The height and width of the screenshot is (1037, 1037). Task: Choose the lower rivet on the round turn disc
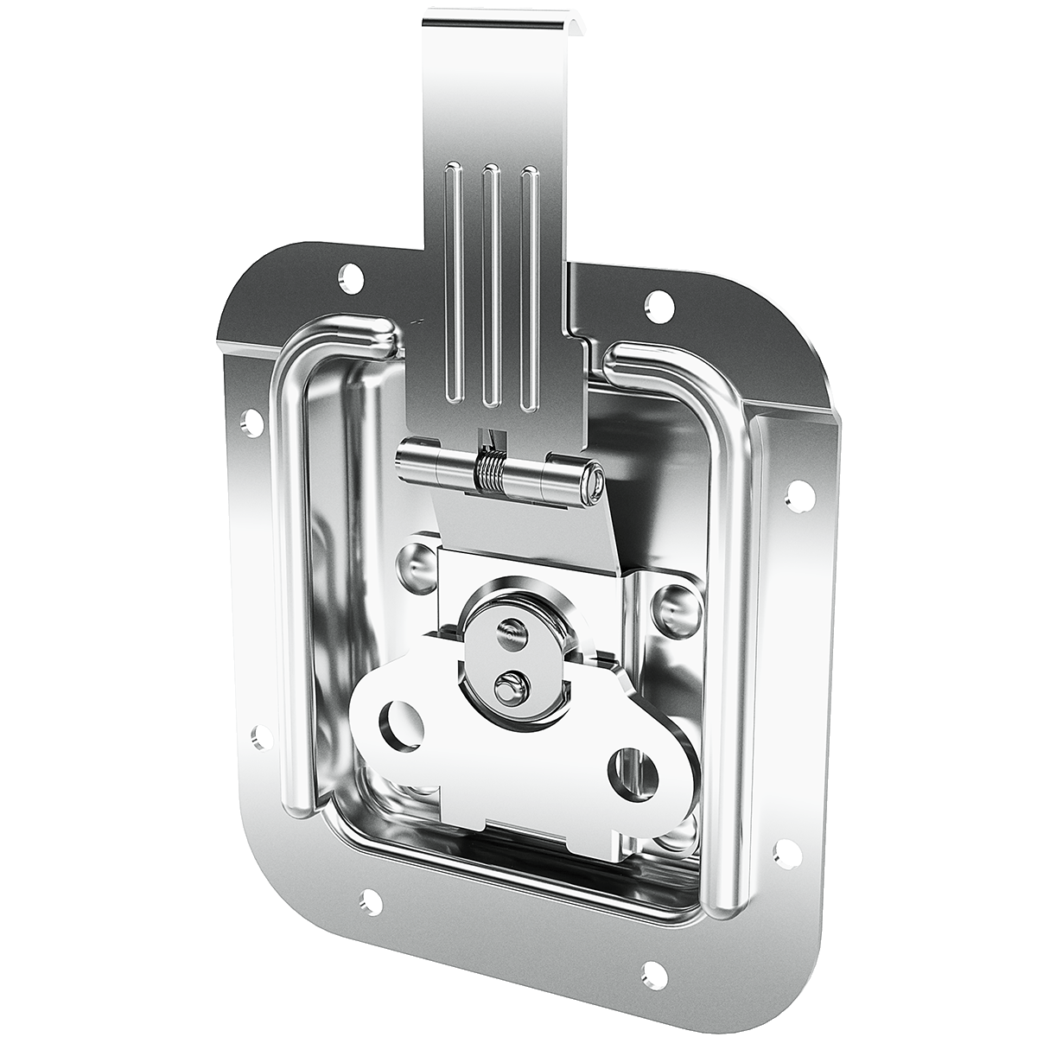tap(507, 687)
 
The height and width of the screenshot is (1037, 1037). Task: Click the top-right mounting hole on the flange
tap(658, 302)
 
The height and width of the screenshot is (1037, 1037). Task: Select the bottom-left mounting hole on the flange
tap(370, 902)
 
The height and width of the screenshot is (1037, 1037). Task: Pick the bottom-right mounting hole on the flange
tap(654, 973)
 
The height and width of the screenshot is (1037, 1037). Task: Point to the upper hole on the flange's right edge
tap(799, 493)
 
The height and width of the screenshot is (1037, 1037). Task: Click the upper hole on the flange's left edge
tap(251, 421)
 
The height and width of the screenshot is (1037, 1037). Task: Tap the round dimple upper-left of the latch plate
tap(417, 563)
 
